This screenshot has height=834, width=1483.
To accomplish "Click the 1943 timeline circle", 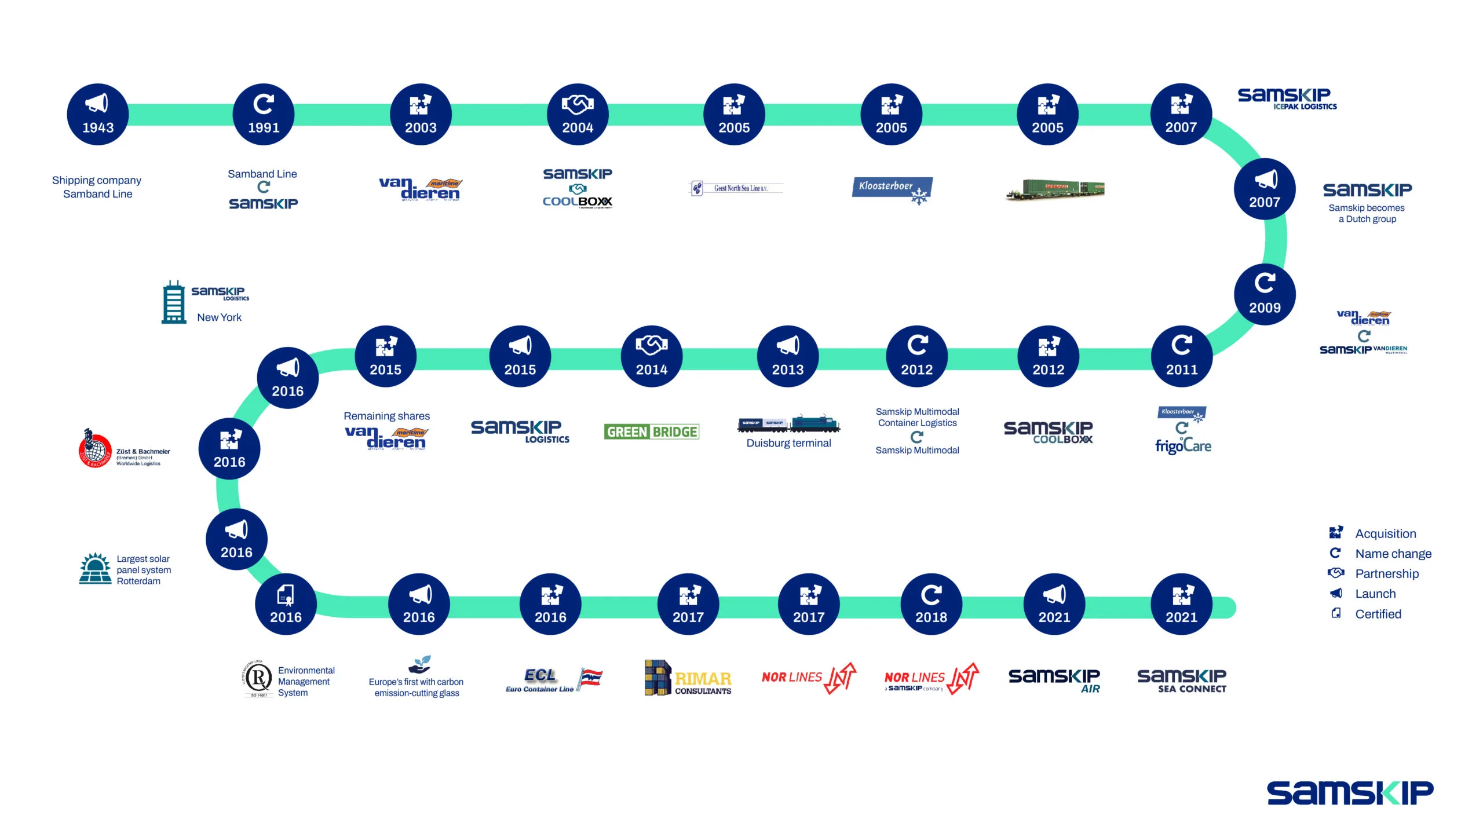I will click(98, 115).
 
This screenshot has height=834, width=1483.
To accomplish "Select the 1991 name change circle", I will click(264, 115).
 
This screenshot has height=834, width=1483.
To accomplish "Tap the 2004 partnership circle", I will click(578, 115).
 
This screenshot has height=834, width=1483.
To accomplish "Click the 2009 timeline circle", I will click(1265, 294).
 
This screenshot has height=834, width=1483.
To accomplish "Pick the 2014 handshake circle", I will click(652, 356).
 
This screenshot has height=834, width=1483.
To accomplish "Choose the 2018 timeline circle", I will click(931, 604).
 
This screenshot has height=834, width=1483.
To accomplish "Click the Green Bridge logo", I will click(652, 431).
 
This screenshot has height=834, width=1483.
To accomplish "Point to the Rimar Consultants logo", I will click(688, 678).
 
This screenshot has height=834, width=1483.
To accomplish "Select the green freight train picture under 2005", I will click(1055, 189).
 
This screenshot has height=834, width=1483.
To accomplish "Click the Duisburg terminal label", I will click(788, 443).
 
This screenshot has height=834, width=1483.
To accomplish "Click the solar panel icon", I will click(96, 569).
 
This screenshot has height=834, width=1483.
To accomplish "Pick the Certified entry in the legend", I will click(1378, 614).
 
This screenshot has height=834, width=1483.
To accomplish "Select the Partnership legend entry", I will click(1386, 573).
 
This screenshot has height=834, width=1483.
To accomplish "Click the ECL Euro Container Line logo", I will click(554, 679).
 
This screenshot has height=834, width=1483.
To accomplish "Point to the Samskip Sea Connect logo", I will click(1182, 681).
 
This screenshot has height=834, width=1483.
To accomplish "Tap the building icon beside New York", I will click(173, 302).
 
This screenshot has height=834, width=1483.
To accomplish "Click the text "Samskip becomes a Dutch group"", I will click(1367, 213).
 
